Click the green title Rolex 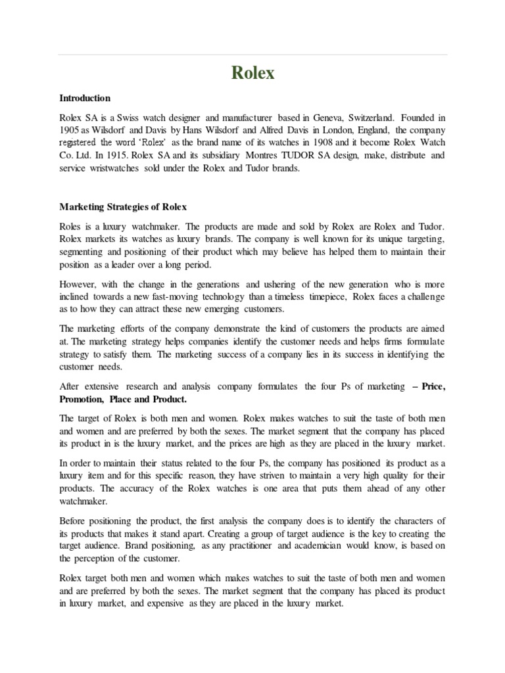click(252, 73)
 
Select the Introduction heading click(85, 98)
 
